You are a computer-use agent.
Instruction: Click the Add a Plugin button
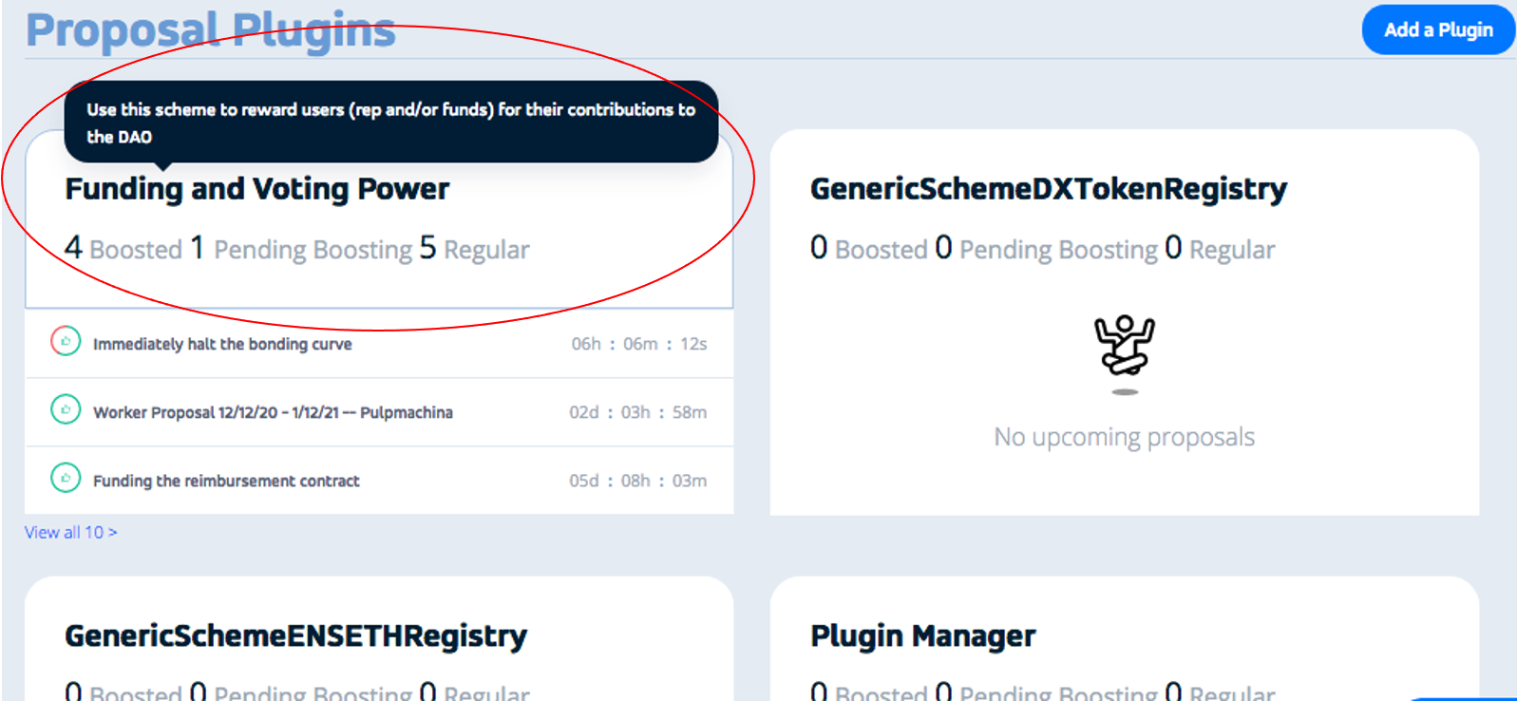pyautogui.click(x=1437, y=30)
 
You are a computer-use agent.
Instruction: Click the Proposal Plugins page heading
pyautogui.click(x=210, y=30)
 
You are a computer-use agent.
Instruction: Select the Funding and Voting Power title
pyautogui.click(x=256, y=189)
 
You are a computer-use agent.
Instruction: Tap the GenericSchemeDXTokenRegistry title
pyautogui.click(x=1048, y=189)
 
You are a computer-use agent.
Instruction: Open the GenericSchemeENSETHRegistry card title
pyautogui.click(x=295, y=635)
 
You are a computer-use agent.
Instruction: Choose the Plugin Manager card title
pyautogui.click(x=922, y=635)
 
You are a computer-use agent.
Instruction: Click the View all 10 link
pyautogui.click(x=70, y=532)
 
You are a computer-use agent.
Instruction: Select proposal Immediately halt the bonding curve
pyautogui.click(x=222, y=344)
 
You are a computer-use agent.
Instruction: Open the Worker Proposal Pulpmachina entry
pyautogui.click(x=273, y=412)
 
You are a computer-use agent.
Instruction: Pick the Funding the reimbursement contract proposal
pyautogui.click(x=226, y=481)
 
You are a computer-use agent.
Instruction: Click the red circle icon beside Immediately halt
pyautogui.click(x=66, y=341)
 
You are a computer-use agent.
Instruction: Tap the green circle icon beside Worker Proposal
pyautogui.click(x=66, y=409)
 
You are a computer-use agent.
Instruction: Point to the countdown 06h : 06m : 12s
pyautogui.click(x=638, y=344)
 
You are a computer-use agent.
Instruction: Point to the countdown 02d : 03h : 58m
pyautogui.click(x=637, y=412)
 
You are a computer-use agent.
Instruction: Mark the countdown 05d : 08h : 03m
pyautogui.click(x=637, y=481)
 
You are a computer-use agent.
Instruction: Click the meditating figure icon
pyautogui.click(x=1124, y=347)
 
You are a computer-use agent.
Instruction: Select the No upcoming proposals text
pyautogui.click(x=1124, y=437)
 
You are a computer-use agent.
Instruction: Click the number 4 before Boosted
pyautogui.click(x=73, y=248)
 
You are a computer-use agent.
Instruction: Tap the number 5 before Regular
pyautogui.click(x=427, y=248)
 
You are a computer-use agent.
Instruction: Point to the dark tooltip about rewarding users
pyautogui.click(x=390, y=123)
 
